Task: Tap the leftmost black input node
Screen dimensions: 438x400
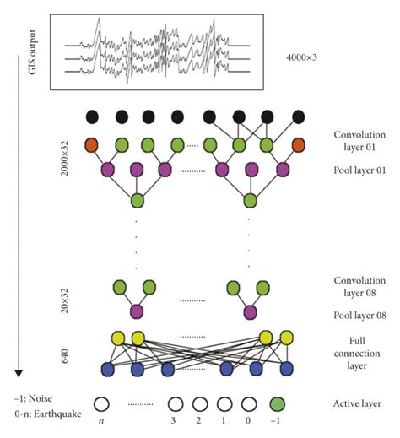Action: coord(94,116)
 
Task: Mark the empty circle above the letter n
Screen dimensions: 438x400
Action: coord(102,404)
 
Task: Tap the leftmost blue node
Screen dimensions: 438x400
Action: coord(108,368)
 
